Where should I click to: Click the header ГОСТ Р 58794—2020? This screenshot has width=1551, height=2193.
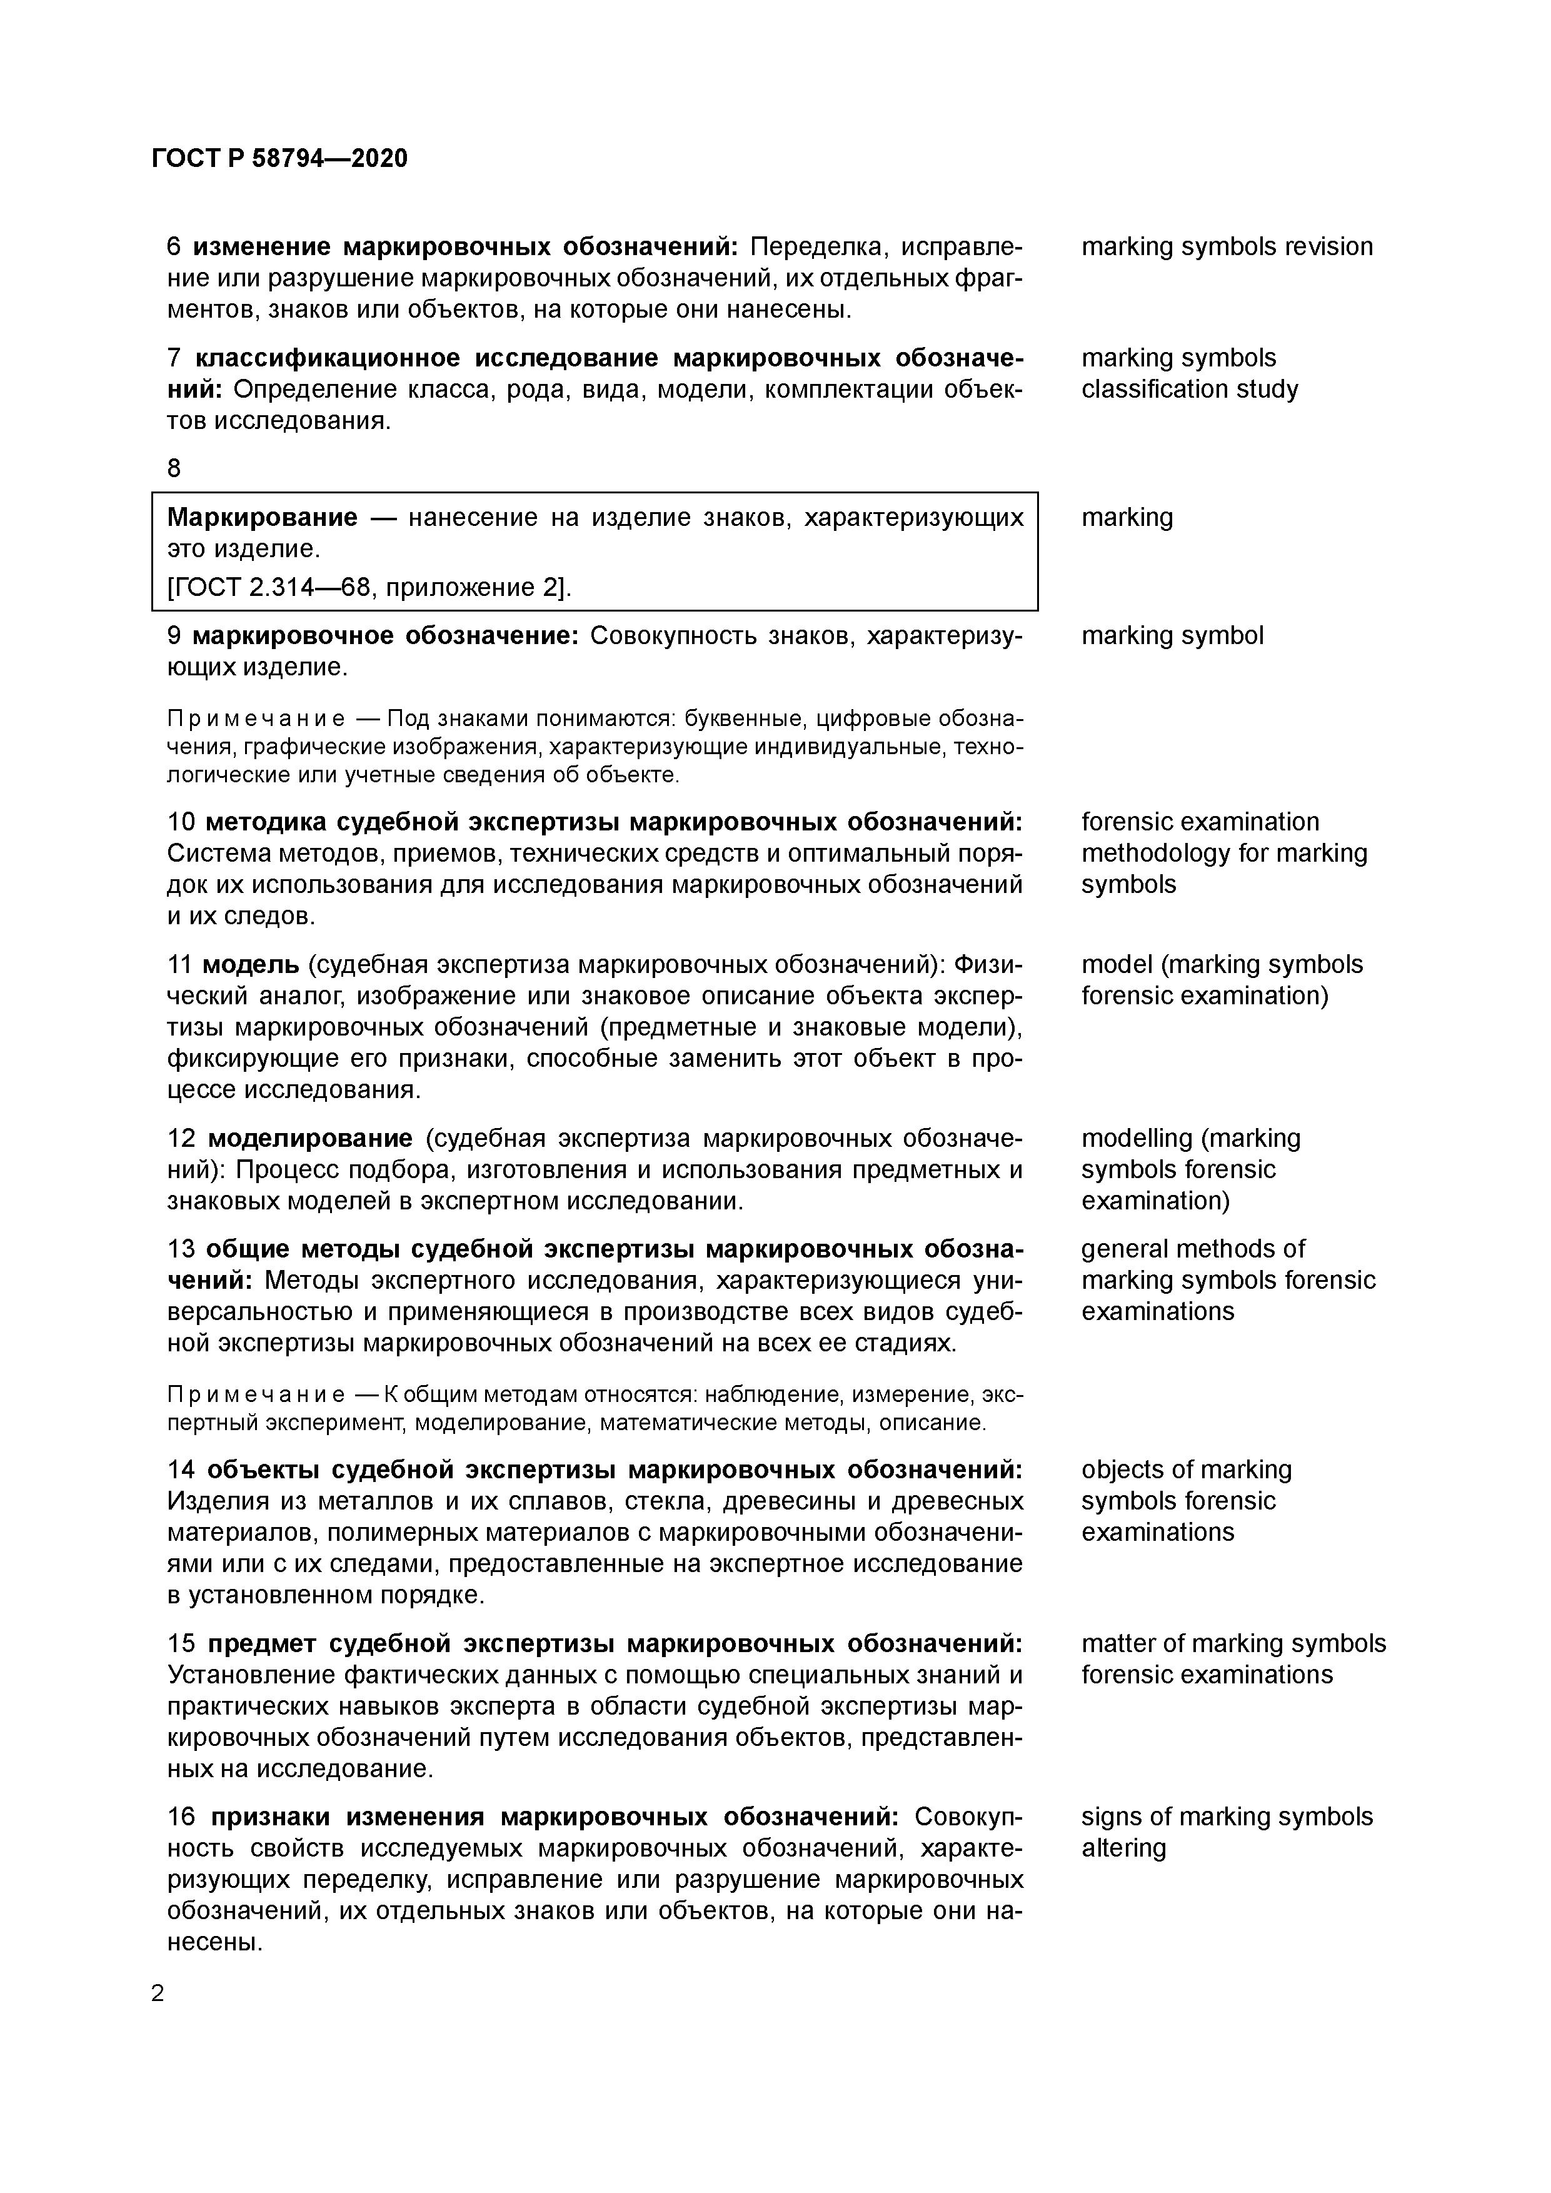[x=279, y=159]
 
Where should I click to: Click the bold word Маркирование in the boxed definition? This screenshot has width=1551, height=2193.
[x=262, y=518]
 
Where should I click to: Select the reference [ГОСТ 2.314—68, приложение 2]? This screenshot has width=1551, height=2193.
[x=369, y=587]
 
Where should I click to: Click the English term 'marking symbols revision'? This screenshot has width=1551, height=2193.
[x=1227, y=246]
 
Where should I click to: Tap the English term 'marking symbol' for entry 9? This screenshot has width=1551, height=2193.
[x=1171, y=635]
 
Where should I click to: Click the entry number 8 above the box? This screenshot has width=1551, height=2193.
[x=174, y=468]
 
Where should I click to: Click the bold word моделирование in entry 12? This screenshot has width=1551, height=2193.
[x=309, y=1139]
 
